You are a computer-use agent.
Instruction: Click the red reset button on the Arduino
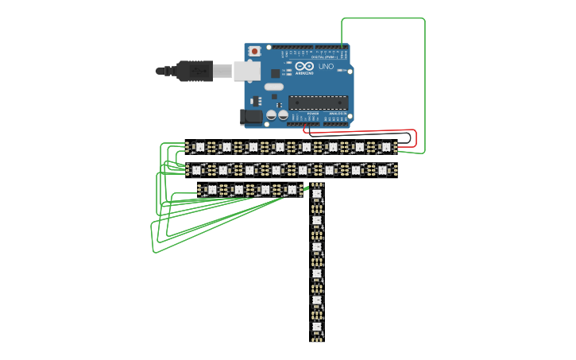pyautogui.click(x=255, y=52)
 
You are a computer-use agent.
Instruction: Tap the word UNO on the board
pyautogui.click(x=326, y=68)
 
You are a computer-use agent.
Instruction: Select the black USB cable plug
pyautogui.click(x=191, y=71)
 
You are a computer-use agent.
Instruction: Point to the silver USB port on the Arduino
pyautogui.click(x=247, y=70)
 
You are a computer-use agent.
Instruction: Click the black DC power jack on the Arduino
pyautogui.click(x=251, y=117)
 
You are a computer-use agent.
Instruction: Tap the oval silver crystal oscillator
pyautogui.click(x=273, y=87)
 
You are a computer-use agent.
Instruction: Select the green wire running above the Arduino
pyautogui.click(x=381, y=18)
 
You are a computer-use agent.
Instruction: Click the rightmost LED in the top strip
pyautogui.click(x=385, y=147)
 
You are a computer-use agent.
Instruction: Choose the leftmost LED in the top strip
pyautogui.click(x=199, y=147)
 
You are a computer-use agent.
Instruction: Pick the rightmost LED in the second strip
pyautogui.click(x=382, y=169)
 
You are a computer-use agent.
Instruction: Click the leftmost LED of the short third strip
pyautogui.click(x=211, y=190)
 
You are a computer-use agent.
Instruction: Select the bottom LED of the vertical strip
pyautogui.click(x=316, y=328)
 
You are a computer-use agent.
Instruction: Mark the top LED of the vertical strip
pyautogui.click(x=316, y=193)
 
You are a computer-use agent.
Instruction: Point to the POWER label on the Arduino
pyautogui.click(x=313, y=114)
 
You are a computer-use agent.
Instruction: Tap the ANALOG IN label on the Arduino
pyautogui.click(x=338, y=114)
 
